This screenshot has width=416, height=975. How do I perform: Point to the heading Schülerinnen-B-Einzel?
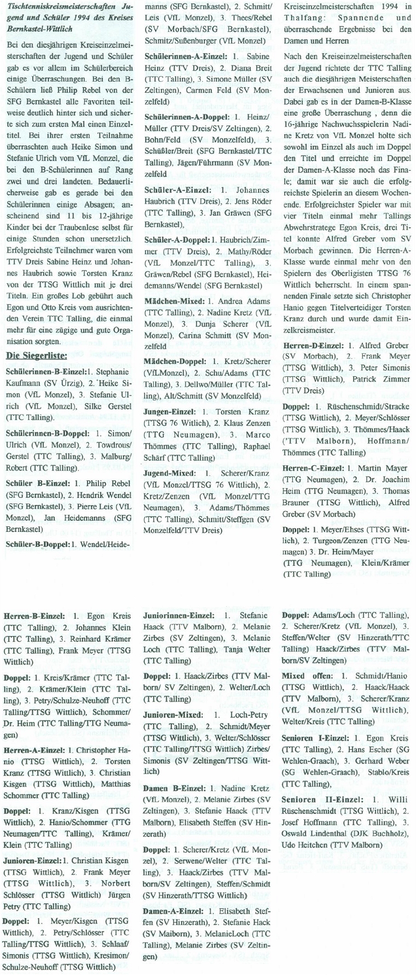[x=44, y=371]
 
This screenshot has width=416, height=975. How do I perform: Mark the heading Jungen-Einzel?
[x=170, y=410]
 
